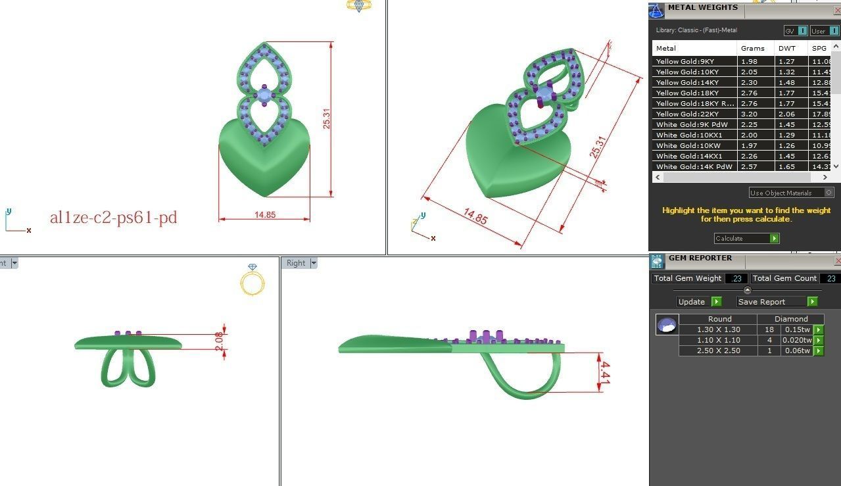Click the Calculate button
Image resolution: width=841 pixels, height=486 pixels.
pyautogui.click(x=746, y=239)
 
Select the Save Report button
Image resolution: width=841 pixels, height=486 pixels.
pyautogui.click(x=777, y=302)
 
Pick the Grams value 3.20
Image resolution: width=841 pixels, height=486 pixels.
pyautogui.click(x=750, y=114)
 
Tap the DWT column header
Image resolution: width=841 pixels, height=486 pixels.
pyautogui.click(x=787, y=48)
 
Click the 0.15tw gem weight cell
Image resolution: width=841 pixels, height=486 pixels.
pyautogui.click(x=796, y=329)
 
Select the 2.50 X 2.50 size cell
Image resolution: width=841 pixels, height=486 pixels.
pyautogui.click(x=718, y=351)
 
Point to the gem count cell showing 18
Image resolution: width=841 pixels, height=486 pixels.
pyautogui.click(x=768, y=329)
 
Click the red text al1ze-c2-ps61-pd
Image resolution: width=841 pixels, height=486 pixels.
pyautogui.click(x=113, y=218)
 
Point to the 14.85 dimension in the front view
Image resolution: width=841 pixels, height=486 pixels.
pyautogui.click(x=264, y=214)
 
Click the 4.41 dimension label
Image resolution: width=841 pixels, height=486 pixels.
pyautogui.click(x=606, y=373)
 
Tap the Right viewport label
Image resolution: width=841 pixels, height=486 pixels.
pyautogui.click(x=296, y=263)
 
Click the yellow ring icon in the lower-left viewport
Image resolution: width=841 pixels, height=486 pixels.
pyautogui.click(x=252, y=281)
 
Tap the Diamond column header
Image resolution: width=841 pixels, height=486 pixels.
pyautogui.click(x=790, y=319)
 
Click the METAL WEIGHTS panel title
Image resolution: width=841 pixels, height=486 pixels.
pyautogui.click(x=702, y=8)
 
